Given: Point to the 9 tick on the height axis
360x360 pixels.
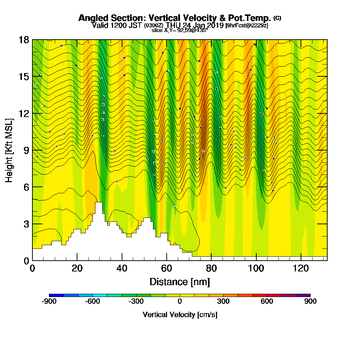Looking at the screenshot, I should (32, 150).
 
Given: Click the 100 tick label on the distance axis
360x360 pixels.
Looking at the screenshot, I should (256, 269).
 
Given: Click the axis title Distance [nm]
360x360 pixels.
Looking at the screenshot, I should (180, 282).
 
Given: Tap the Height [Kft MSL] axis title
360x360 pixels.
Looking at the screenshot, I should (9, 150).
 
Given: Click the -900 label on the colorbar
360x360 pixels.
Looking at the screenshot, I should (49, 302).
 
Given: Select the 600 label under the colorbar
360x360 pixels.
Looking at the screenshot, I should (267, 302).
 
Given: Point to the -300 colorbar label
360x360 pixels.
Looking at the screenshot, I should (136, 302).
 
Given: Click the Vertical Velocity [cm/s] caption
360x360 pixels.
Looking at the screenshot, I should (180, 315).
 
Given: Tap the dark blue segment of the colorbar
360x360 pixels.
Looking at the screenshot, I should (56, 295).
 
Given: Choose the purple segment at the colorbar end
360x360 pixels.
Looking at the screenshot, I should (303, 295).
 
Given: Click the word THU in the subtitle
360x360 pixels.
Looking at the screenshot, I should (173, 25).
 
